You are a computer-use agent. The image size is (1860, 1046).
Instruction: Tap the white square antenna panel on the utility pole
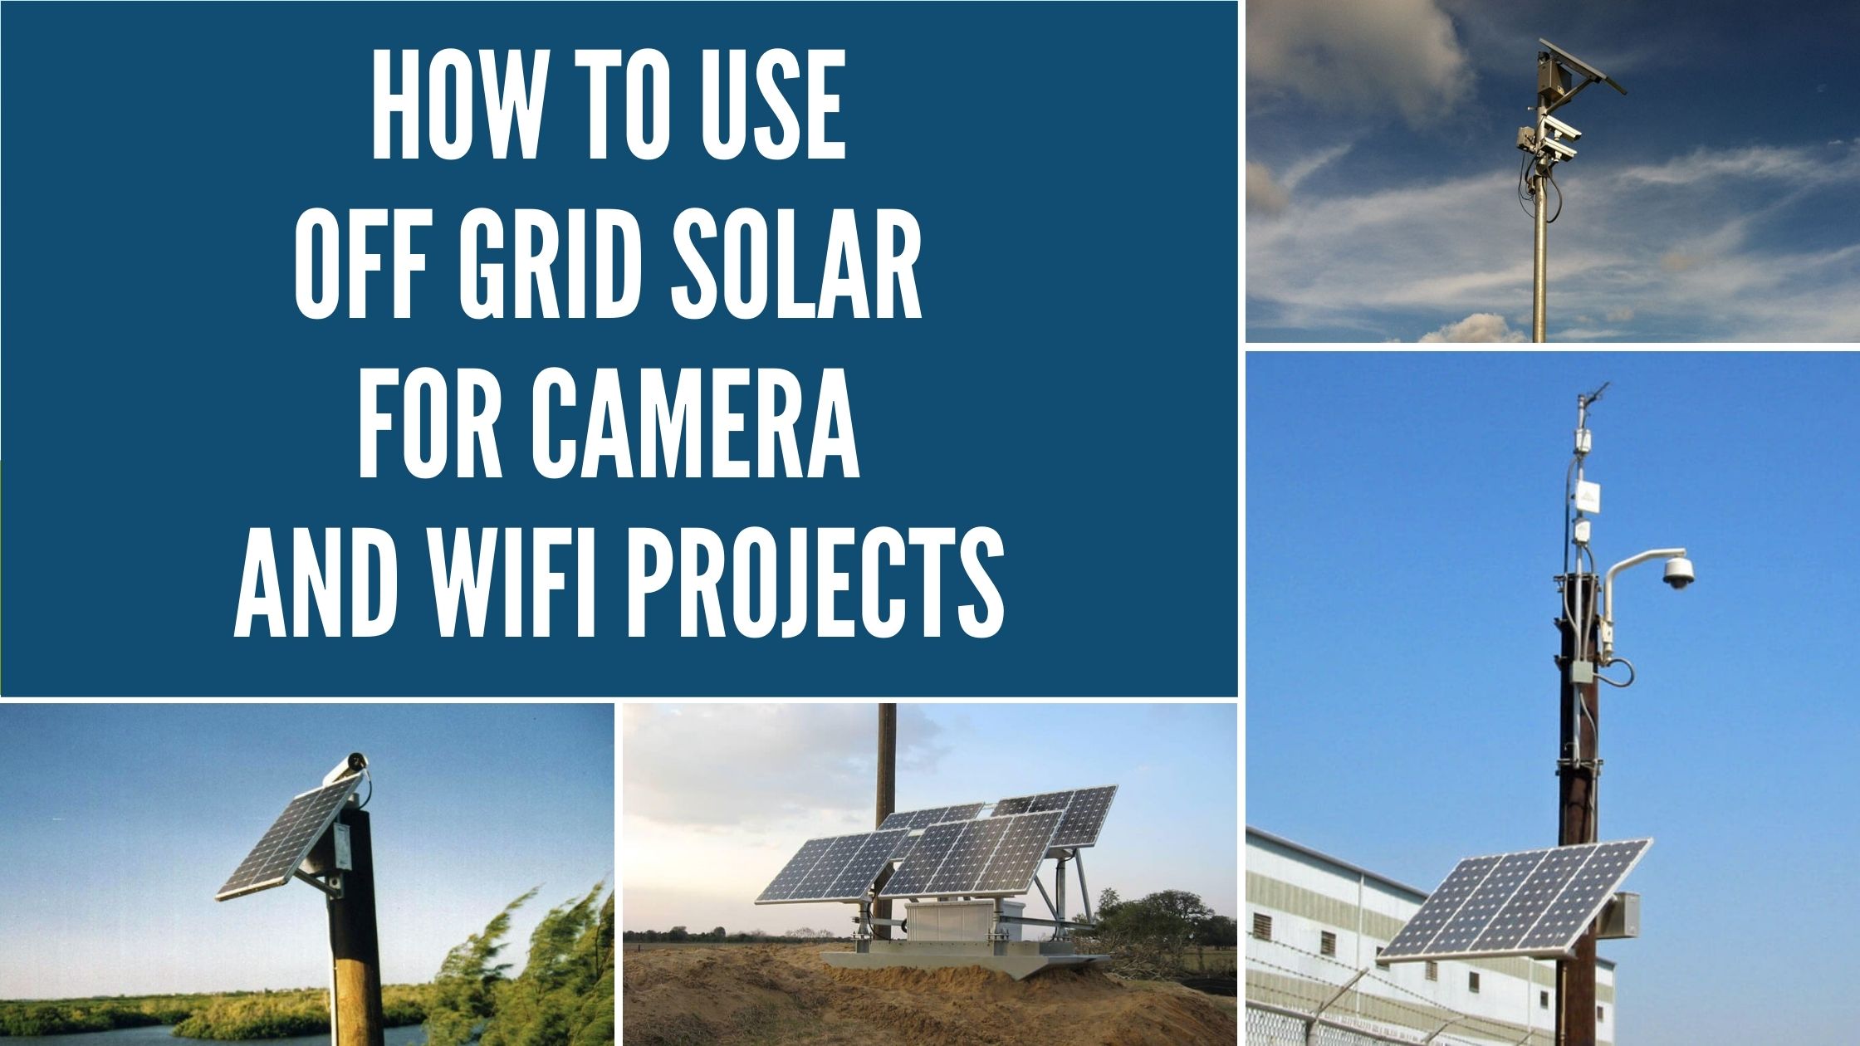1589,498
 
